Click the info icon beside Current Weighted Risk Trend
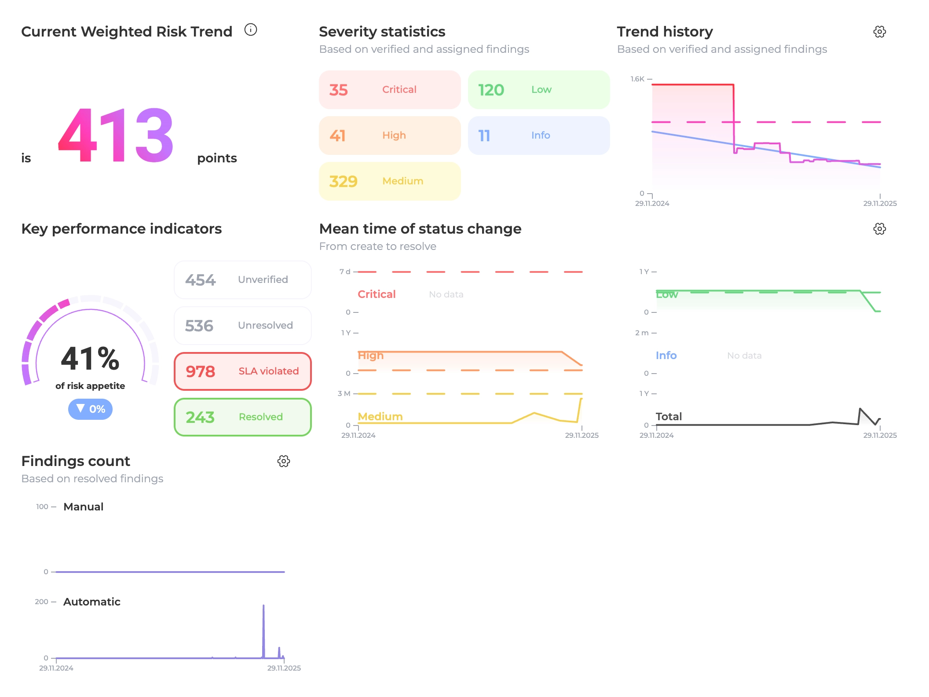(251, 30)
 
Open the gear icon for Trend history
(879, 32)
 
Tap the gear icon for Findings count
(284, 461)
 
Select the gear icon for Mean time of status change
(879, 229)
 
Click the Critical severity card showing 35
(390, 90)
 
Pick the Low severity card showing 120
(539, 90)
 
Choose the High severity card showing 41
(390, 136)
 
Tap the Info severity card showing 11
(539, 136)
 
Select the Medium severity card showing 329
(390, 181)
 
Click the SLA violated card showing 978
(243, 371)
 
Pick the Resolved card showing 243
(243, 417)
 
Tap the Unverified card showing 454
(243, 280)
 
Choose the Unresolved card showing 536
(243, 326)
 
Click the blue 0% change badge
(90, 409)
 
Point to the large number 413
(116, 136)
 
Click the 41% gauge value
(90, 358)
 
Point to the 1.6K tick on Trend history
(637, 79)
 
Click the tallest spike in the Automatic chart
(263, 605)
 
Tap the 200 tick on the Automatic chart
(41, 602)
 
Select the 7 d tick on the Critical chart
(345, 272)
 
